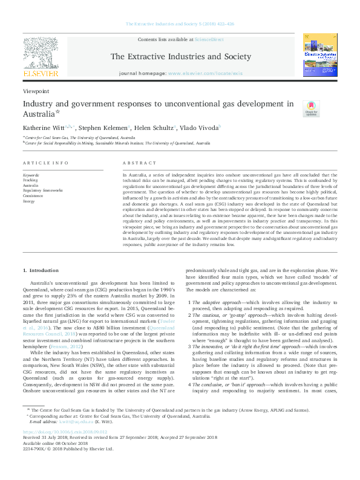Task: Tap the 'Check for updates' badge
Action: coord(310,108)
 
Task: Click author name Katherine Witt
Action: coord(44,128)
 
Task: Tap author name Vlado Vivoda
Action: coord(202,128)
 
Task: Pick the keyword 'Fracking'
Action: coord(30,180)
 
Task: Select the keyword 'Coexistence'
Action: coord(33,196)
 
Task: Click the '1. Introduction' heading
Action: coord(41,270)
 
